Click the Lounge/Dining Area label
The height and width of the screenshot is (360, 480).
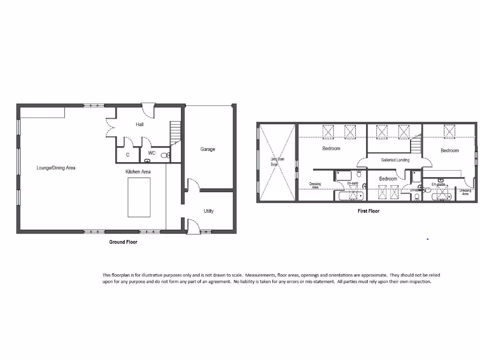click(x=56, y=168)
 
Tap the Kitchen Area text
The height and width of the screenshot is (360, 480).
click(x=138, y=172)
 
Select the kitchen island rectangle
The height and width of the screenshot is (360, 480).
click(x=139, y=197)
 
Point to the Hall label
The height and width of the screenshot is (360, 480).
click(x=140, y=125)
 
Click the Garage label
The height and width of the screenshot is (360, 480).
click(x=208, y=150)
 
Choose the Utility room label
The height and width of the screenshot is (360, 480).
click(x=209, y=211)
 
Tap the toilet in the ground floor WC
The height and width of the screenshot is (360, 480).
click(x=164, y=155)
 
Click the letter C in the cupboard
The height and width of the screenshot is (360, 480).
click(x=127, y=154)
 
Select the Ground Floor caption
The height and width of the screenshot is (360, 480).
click(x=123, y=242)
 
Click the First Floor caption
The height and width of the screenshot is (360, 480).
click(x=368, y=211)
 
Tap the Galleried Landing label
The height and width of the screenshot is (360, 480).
click(x=395, y=160)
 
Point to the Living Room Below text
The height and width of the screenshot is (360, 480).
click(x=275, y=162)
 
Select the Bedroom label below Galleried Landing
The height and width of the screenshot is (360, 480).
click(x=388, y=179)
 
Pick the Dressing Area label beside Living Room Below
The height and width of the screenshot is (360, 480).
click(x=315, y=186)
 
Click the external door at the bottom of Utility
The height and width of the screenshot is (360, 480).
click(x=192, y=227)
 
